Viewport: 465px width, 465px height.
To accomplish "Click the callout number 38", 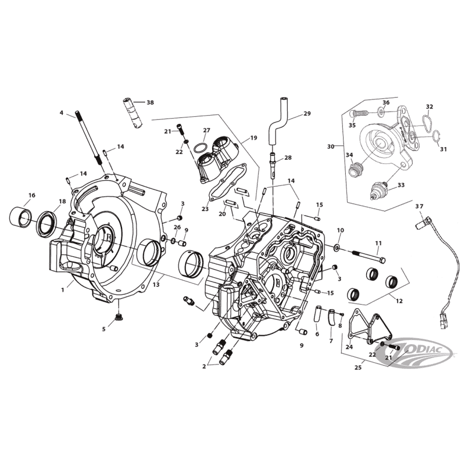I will [150, 102].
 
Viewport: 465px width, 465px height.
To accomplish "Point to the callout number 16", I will [32, 195].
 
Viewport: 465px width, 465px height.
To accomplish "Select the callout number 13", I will [156, 285].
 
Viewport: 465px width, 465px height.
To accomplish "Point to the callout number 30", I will [331, 147].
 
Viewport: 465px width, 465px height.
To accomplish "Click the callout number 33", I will [400, 186].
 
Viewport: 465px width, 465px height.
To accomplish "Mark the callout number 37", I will [419, 206].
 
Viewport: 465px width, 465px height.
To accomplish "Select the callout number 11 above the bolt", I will [378, 243].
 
